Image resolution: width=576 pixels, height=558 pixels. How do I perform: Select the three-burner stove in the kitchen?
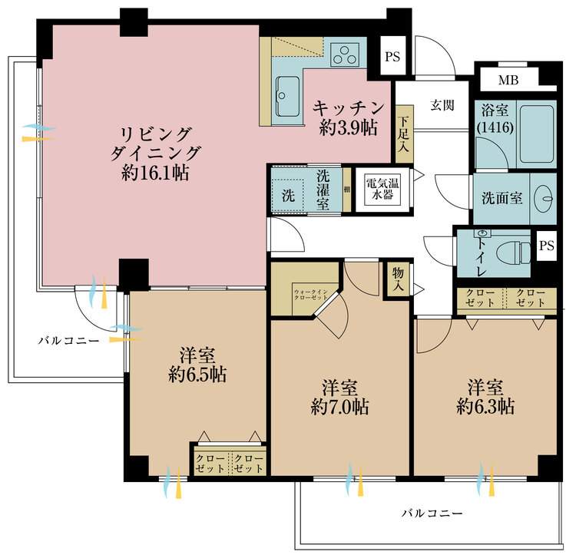point(349,54)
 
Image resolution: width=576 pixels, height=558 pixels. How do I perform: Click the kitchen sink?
point(288,96)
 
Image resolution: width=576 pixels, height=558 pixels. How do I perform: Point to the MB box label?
point(508,80)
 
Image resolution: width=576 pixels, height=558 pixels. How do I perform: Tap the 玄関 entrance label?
point(442,104)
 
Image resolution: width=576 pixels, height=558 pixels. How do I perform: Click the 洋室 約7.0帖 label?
point(339,397)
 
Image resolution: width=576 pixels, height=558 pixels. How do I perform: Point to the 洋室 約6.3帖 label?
point(485,395)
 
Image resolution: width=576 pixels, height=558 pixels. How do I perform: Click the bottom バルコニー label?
point(433,512)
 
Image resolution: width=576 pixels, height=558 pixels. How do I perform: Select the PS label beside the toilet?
point(546,246)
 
